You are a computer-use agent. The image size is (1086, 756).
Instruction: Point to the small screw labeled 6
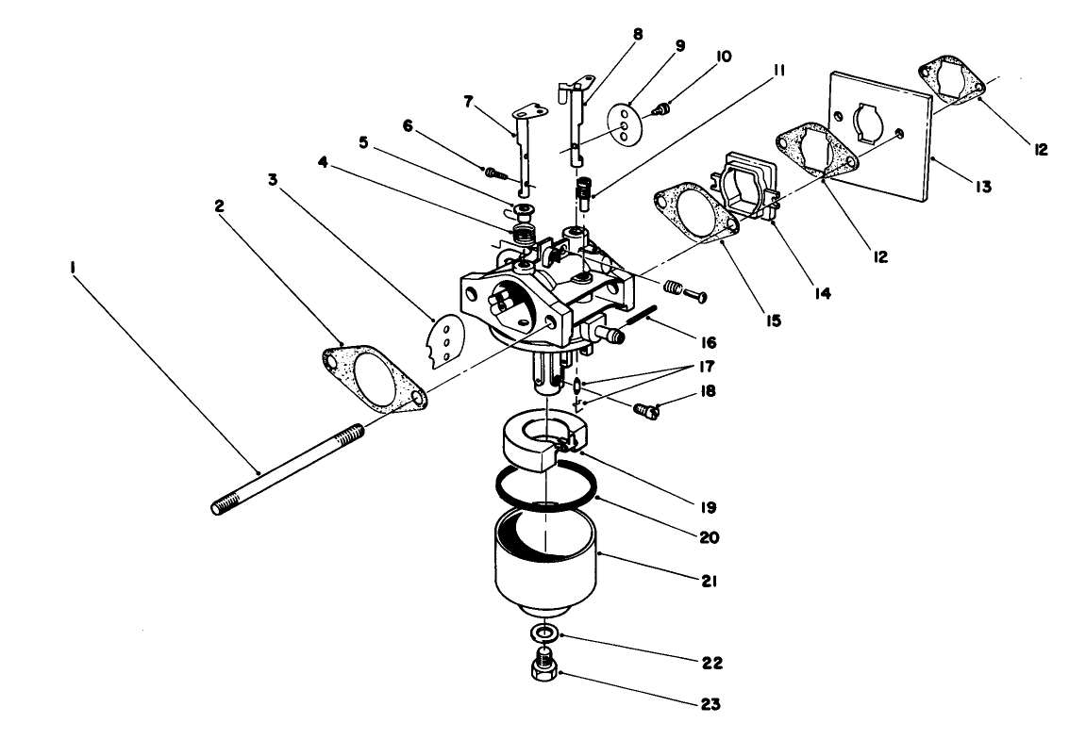(493, 173)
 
